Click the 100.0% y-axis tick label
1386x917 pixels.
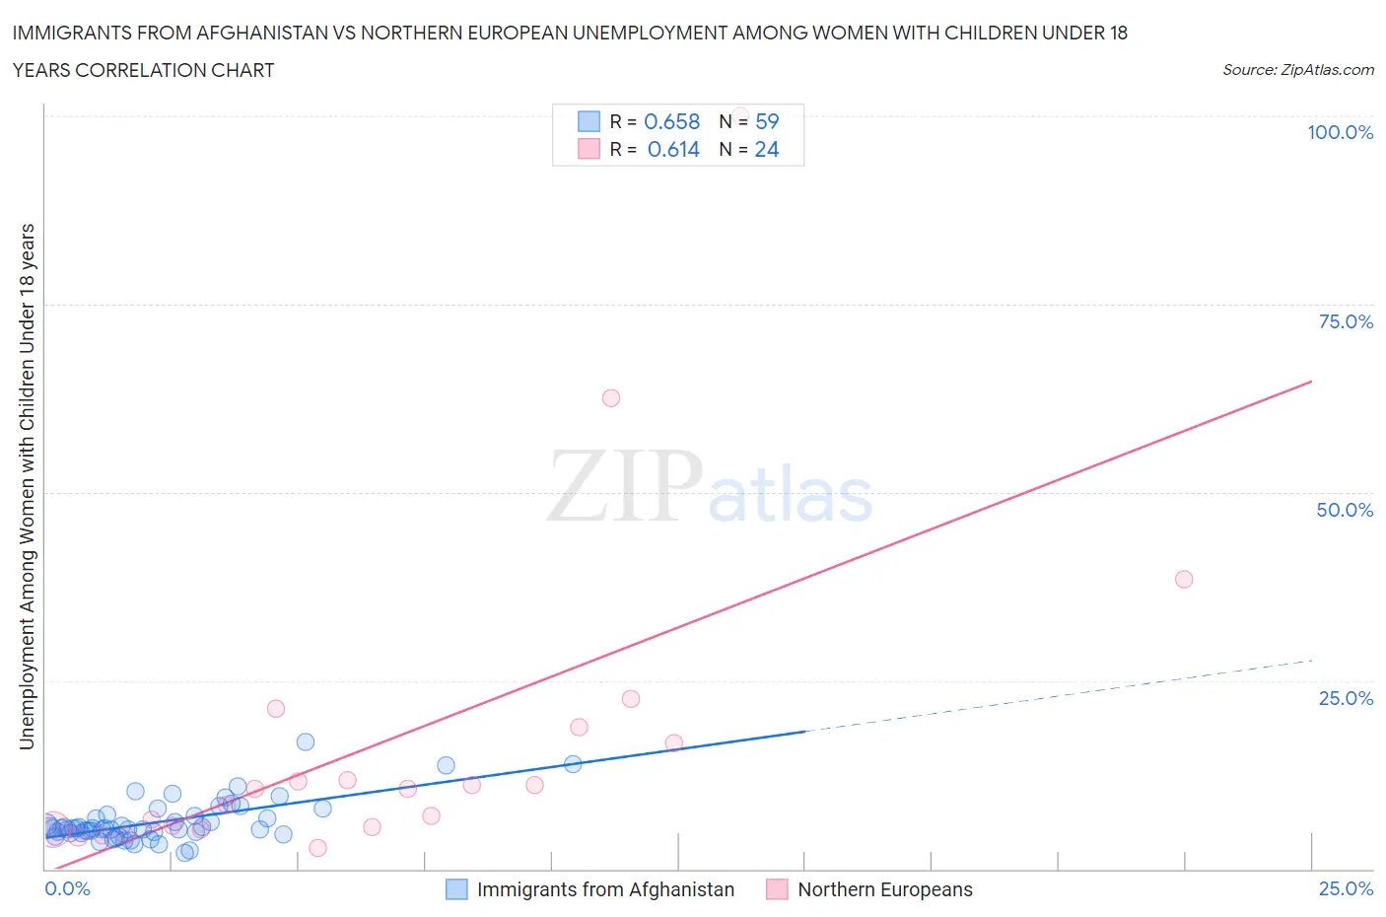point(1340,133)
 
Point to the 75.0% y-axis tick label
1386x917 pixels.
point(1346,322)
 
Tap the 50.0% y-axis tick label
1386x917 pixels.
point(1345,511)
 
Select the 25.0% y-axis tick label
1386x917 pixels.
point(1346,699)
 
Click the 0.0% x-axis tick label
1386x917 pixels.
point(67,889)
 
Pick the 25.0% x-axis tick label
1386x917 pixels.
point(1346,889)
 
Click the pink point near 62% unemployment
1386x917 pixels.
point(610,398)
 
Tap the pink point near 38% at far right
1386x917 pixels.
point(1184,579)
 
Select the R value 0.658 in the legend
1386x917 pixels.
point(671,122)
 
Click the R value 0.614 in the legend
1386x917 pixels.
point(673,150)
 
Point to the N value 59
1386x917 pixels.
point(767,122)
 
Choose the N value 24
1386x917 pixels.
point(767,150)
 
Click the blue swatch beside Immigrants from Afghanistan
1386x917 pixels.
point(456,889)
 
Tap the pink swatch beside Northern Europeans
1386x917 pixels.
point(777,889)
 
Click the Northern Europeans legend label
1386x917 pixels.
point(884,889)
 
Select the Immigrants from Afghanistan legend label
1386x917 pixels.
point(605,889)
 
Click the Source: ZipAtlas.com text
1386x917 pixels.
point(1297,70)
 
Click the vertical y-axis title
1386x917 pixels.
point(27,486)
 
